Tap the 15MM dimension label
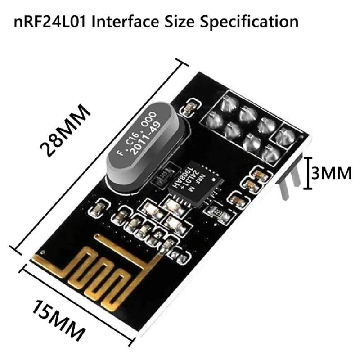tap(58, 319)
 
